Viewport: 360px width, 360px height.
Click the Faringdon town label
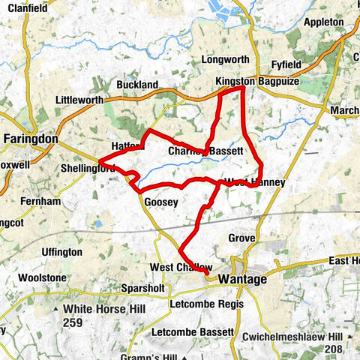pos(31,139)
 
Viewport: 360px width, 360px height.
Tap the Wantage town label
pos(242,279)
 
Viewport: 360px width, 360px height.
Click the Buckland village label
pos(137,85)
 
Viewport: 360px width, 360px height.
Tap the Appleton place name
pos(325,22)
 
